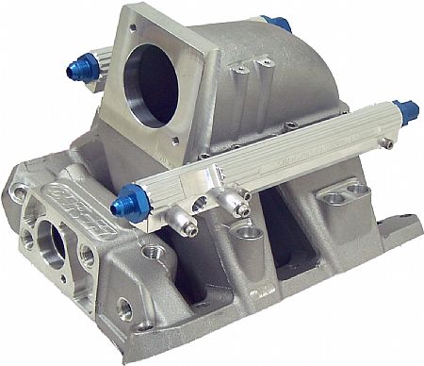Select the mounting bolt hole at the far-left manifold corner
tap(18, 192)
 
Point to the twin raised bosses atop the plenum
tap(253, 66)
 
